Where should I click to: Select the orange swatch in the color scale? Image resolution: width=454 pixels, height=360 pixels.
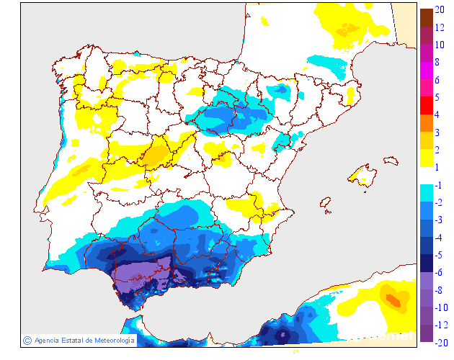pyautogui.click(x=427, y=123)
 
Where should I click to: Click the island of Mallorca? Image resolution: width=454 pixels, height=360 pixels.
pyautogui.click(x=363, y=175)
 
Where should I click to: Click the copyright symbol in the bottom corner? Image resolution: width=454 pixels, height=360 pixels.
pyautogui.click(x=27, y=340)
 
